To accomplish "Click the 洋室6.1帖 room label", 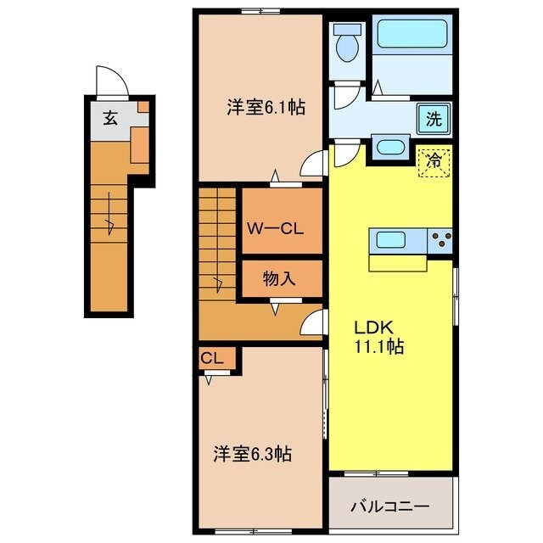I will point(266,108).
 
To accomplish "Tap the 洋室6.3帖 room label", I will point(252,455).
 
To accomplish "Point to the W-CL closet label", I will point(271,227).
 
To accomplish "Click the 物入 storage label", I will point(279,278).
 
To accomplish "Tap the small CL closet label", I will point(212,359).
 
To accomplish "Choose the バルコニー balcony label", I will point(390,507).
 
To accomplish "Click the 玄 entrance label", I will point(110,118).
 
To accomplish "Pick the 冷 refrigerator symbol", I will point(434,159).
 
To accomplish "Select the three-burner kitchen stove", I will point(440,241).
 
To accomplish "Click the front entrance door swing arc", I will point(111,83).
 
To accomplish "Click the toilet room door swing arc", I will point(344,96).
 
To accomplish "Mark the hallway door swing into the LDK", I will point(313,322).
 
